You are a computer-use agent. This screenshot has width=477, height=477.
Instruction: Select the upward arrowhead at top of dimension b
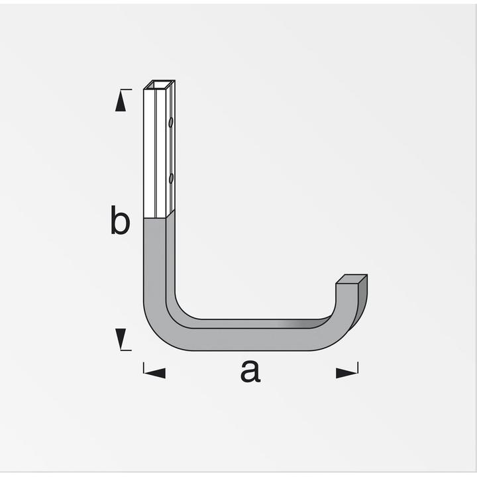click(120, 101)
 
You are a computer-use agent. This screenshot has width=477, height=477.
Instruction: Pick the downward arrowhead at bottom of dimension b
click(120, 339)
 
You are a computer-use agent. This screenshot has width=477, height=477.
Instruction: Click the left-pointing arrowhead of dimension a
click(155, 373)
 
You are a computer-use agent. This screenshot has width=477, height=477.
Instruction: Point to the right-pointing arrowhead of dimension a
click(346, 373)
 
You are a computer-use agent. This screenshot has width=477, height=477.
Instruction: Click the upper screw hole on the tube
click(171, 123)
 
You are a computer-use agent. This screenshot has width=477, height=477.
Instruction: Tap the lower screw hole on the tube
click(171, 178)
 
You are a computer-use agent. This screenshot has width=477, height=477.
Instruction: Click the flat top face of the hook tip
click(352, 280)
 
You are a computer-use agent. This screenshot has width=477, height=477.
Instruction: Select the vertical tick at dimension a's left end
click(144, 369)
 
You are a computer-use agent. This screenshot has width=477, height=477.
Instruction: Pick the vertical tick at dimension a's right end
click(358, 369)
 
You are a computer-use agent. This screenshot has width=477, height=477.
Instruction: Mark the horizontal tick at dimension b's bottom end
click(125, 350)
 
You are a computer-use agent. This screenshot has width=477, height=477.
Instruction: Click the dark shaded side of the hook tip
click(362, 301)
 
